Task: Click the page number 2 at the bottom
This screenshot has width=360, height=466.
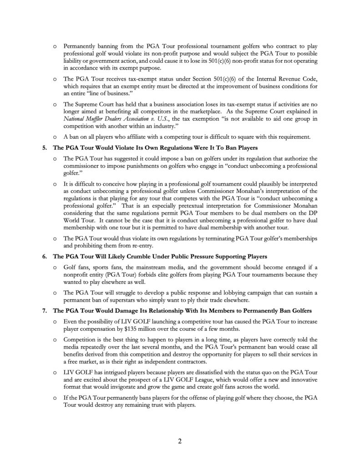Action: tap(180, 441)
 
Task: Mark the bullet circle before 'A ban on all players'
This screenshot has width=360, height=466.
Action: tap(55, 136)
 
